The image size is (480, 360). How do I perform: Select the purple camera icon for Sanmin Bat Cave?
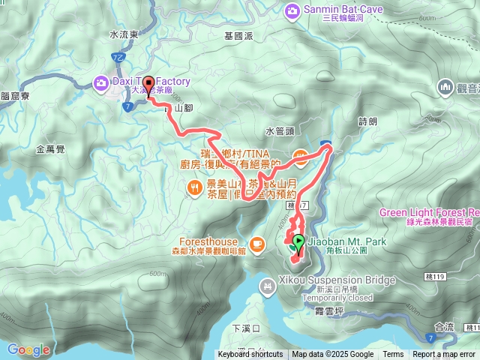[292, 10]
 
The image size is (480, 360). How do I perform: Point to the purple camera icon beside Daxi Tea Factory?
[100, 82]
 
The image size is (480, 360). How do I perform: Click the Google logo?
[28, 349]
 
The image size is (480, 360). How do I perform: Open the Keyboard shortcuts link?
[250, 355]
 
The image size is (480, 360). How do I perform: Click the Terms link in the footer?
[393, 355]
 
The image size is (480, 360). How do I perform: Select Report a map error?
[445, 355]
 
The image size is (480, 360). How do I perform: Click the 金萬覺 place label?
[50, 149]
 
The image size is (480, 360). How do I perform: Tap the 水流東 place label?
[124, 34]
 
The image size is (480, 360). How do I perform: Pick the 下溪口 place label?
[246, 328]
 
